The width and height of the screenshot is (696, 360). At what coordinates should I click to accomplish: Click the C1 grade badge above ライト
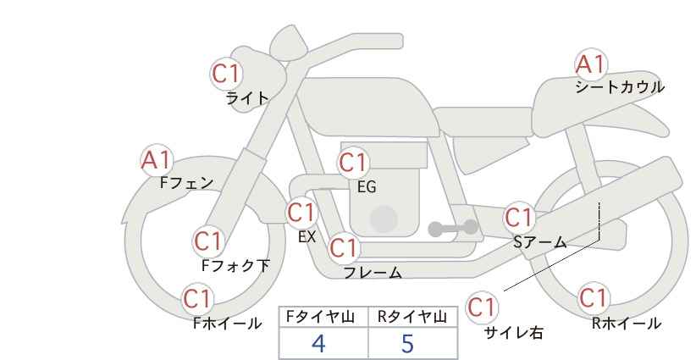coord(226,74)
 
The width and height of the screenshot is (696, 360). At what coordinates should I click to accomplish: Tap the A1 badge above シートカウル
coord(590,64)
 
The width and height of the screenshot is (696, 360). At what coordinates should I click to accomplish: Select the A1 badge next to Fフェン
coord(156,159)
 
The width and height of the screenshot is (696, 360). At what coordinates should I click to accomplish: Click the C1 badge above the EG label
coord(353,162)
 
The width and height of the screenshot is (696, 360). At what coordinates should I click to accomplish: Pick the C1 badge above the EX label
coord(301,212)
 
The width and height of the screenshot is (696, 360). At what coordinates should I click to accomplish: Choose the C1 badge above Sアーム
coord(519,217)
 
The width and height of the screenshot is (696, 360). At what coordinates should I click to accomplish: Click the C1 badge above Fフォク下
coord(207,241)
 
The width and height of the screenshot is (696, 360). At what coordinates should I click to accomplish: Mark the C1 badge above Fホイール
coord(197,299)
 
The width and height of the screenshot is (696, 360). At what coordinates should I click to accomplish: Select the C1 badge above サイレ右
coord(482,307)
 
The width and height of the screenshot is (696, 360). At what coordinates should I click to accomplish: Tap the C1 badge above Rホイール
coord(593,299)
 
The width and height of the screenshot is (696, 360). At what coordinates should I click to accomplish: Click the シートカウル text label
coord(619,87)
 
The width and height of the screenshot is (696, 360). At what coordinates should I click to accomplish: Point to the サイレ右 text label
coord(513,333)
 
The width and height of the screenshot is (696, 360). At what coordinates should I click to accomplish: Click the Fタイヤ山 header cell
coord(323,317)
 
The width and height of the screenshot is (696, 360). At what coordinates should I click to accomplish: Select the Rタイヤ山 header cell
coord(412,317)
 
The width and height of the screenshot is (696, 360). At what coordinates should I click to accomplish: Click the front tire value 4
coord(318,343)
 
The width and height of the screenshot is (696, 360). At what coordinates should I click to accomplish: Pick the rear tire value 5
coord(408,343)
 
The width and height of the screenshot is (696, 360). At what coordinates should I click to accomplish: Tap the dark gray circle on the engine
coord(384,219)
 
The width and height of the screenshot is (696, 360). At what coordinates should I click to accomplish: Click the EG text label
coord(366,187)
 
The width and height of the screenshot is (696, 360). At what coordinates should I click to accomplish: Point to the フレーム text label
coord(373,273)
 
